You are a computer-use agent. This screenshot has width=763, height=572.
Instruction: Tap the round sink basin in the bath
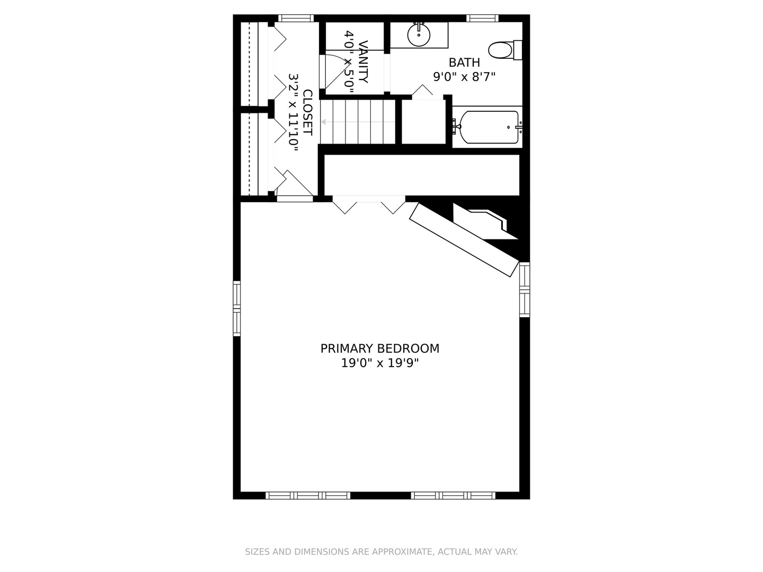pyautogui.click(x=419, y=35)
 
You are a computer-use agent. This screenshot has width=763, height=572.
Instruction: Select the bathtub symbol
pyautogui.click(x=489, y=127)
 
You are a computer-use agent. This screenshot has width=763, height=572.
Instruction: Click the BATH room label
pyautogui.click(x=464, y=62)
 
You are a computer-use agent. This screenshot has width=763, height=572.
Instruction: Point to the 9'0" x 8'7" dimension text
pyautogui.click(x=464, y=77)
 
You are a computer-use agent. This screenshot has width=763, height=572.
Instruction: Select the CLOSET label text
pyautogui.click(x=307, y=113)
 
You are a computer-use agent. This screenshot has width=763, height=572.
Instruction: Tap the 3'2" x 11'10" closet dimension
pyautogui.click(x=294, y=113)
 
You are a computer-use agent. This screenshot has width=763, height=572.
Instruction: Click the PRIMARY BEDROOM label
pyautogui.click(x=379, y=348)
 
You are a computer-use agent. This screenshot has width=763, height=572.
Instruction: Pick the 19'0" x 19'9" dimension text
pyautogui.click(x=379, y=363)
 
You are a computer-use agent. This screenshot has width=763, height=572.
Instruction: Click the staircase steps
pyautogui.click(x=359, y=122)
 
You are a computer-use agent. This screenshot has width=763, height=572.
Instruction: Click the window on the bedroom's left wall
pyautogui.click(x=237, y=308)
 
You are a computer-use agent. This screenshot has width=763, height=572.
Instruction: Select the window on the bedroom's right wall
pyautogui.click(x=524, y=289)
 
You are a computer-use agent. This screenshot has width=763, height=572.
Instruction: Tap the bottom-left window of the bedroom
pyautogui.click(x=307, y=496)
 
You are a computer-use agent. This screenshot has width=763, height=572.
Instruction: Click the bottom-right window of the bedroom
pyautogui.click(x=453, y=496)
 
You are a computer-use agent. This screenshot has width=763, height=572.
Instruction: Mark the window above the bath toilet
pyautogui.click(x=482, y=18)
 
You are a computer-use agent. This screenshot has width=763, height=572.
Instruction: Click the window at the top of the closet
pyautogui.click(x=296, y=18)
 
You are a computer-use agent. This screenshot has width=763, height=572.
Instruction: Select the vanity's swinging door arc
pyautogui.click(x=339, y=71)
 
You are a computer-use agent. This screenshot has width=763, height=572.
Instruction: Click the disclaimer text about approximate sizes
pyautogui.click(x=381, y=552)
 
